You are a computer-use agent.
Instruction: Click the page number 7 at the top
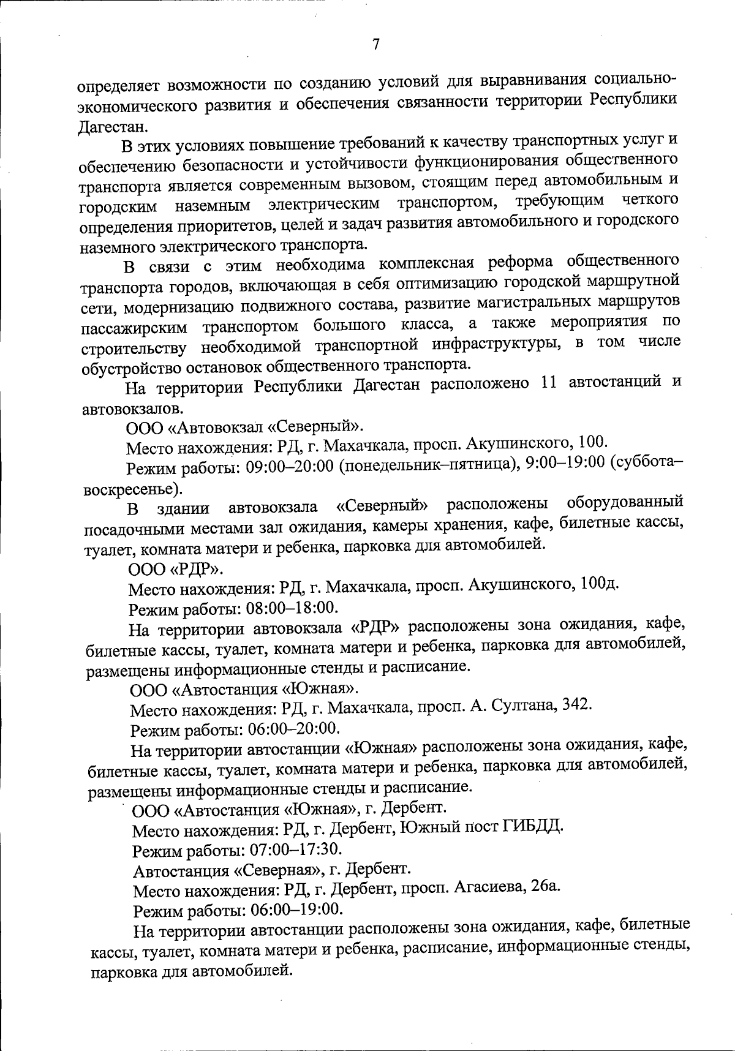pos(375,45)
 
